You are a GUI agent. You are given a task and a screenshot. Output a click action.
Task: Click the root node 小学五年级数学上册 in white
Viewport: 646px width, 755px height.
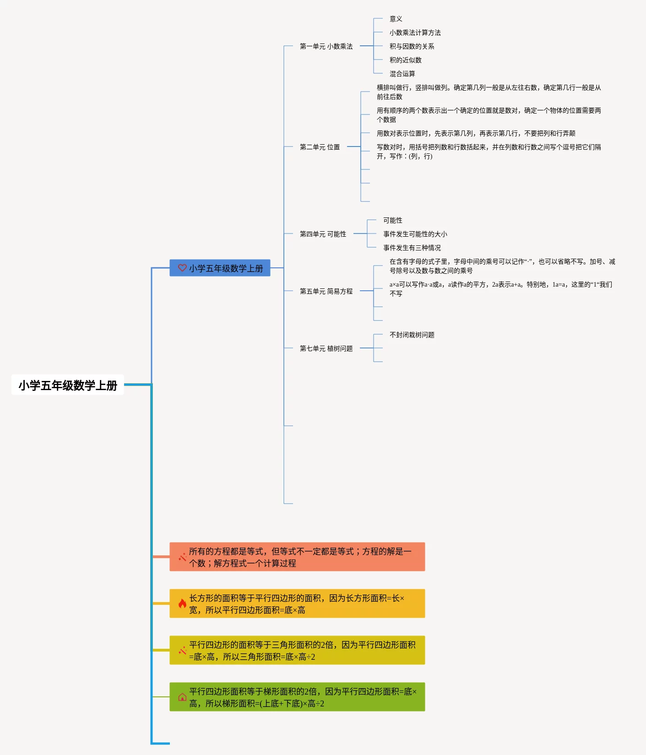coord(68,385)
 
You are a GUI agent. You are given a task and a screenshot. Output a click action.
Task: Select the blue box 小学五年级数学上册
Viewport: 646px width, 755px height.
coord(220,268)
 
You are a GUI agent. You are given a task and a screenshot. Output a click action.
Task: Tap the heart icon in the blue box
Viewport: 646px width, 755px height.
coord(182,268)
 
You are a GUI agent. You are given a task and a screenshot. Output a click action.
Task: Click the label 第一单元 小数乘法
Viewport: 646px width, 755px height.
coord(326,46)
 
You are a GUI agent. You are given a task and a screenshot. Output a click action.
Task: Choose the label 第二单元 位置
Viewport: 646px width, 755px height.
coord(320,147)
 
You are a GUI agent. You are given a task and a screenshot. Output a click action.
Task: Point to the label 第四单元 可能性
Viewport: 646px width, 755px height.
coord(323,234)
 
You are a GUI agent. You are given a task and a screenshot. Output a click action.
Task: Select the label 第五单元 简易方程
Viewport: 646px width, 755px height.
coord(326,291)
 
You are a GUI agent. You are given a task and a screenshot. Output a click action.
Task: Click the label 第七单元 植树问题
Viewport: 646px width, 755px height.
coord(326,348)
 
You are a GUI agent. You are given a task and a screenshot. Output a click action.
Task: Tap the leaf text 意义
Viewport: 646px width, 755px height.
coord(396,19)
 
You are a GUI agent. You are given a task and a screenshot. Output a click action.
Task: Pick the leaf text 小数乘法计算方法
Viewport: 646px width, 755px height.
coord(415,33)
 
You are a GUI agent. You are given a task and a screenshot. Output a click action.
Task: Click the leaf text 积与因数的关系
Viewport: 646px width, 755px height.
coord(412,46)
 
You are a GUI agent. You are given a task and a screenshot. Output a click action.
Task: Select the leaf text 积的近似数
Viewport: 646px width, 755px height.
coord(406,60)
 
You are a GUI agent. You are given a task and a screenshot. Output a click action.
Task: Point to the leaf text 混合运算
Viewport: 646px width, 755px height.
coord(402,74)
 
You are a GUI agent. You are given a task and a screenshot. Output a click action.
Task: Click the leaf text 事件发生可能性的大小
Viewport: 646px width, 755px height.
coord(415,234)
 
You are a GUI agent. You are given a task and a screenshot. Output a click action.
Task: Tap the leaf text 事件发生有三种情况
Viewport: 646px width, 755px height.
coord(412,248)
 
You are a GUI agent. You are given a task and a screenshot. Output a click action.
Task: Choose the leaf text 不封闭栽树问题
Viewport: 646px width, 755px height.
coord(412,335)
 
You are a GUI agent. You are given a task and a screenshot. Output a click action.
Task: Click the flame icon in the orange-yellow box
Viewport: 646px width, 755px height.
coord(182,603)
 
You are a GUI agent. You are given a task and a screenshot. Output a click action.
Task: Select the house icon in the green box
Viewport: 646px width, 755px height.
coord(182,697)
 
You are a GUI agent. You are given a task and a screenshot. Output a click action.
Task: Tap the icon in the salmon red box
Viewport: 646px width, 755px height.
coord(182,557)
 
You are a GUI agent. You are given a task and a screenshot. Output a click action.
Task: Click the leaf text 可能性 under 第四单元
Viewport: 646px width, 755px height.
coord(393,220)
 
